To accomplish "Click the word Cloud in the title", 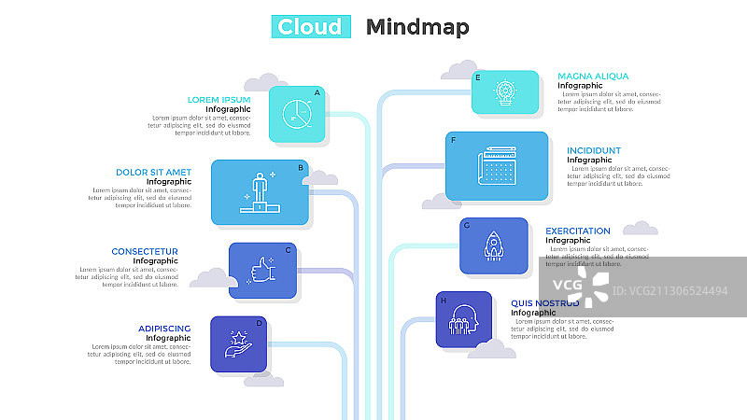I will [311, 26].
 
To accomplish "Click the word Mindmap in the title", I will [417, 26].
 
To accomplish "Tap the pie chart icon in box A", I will [297, 115].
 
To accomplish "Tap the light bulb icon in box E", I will [505, 92].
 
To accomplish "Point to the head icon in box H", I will [464, 319].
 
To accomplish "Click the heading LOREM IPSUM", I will [219, 100].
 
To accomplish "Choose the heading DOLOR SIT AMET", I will [153, 172].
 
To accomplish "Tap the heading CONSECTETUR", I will [145, 251].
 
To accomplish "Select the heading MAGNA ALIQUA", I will [593, 77].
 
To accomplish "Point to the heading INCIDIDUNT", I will [594, 150].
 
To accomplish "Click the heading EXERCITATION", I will [578, 231].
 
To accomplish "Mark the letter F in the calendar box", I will [453, 141].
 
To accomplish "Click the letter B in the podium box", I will [300, 168].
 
